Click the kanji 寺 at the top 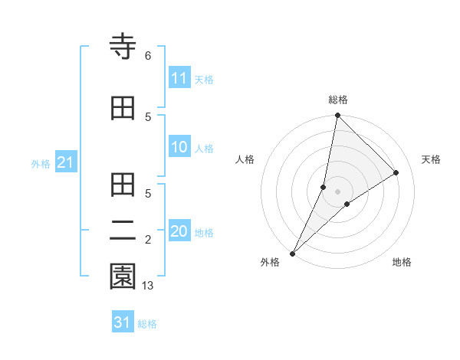coord(123,47)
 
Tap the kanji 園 coord(123,277)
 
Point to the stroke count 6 coord(147,56)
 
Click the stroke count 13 coord(149,286)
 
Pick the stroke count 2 coord(147,240)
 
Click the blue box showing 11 coord(179,78)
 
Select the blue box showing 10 coord(179,148)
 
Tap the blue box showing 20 coord(179,232)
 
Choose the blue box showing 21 coord(64,162)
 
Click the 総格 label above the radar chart coord(337,100)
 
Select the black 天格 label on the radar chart coord(432,159)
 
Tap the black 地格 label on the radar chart coord(402,262)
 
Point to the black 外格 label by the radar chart coord(270,262)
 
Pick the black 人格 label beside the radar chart coord(245,159)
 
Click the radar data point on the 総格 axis coord(337,115)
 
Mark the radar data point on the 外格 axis coord(292,253)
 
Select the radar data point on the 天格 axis coord(396,172)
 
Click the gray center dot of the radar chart coord(337,191)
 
